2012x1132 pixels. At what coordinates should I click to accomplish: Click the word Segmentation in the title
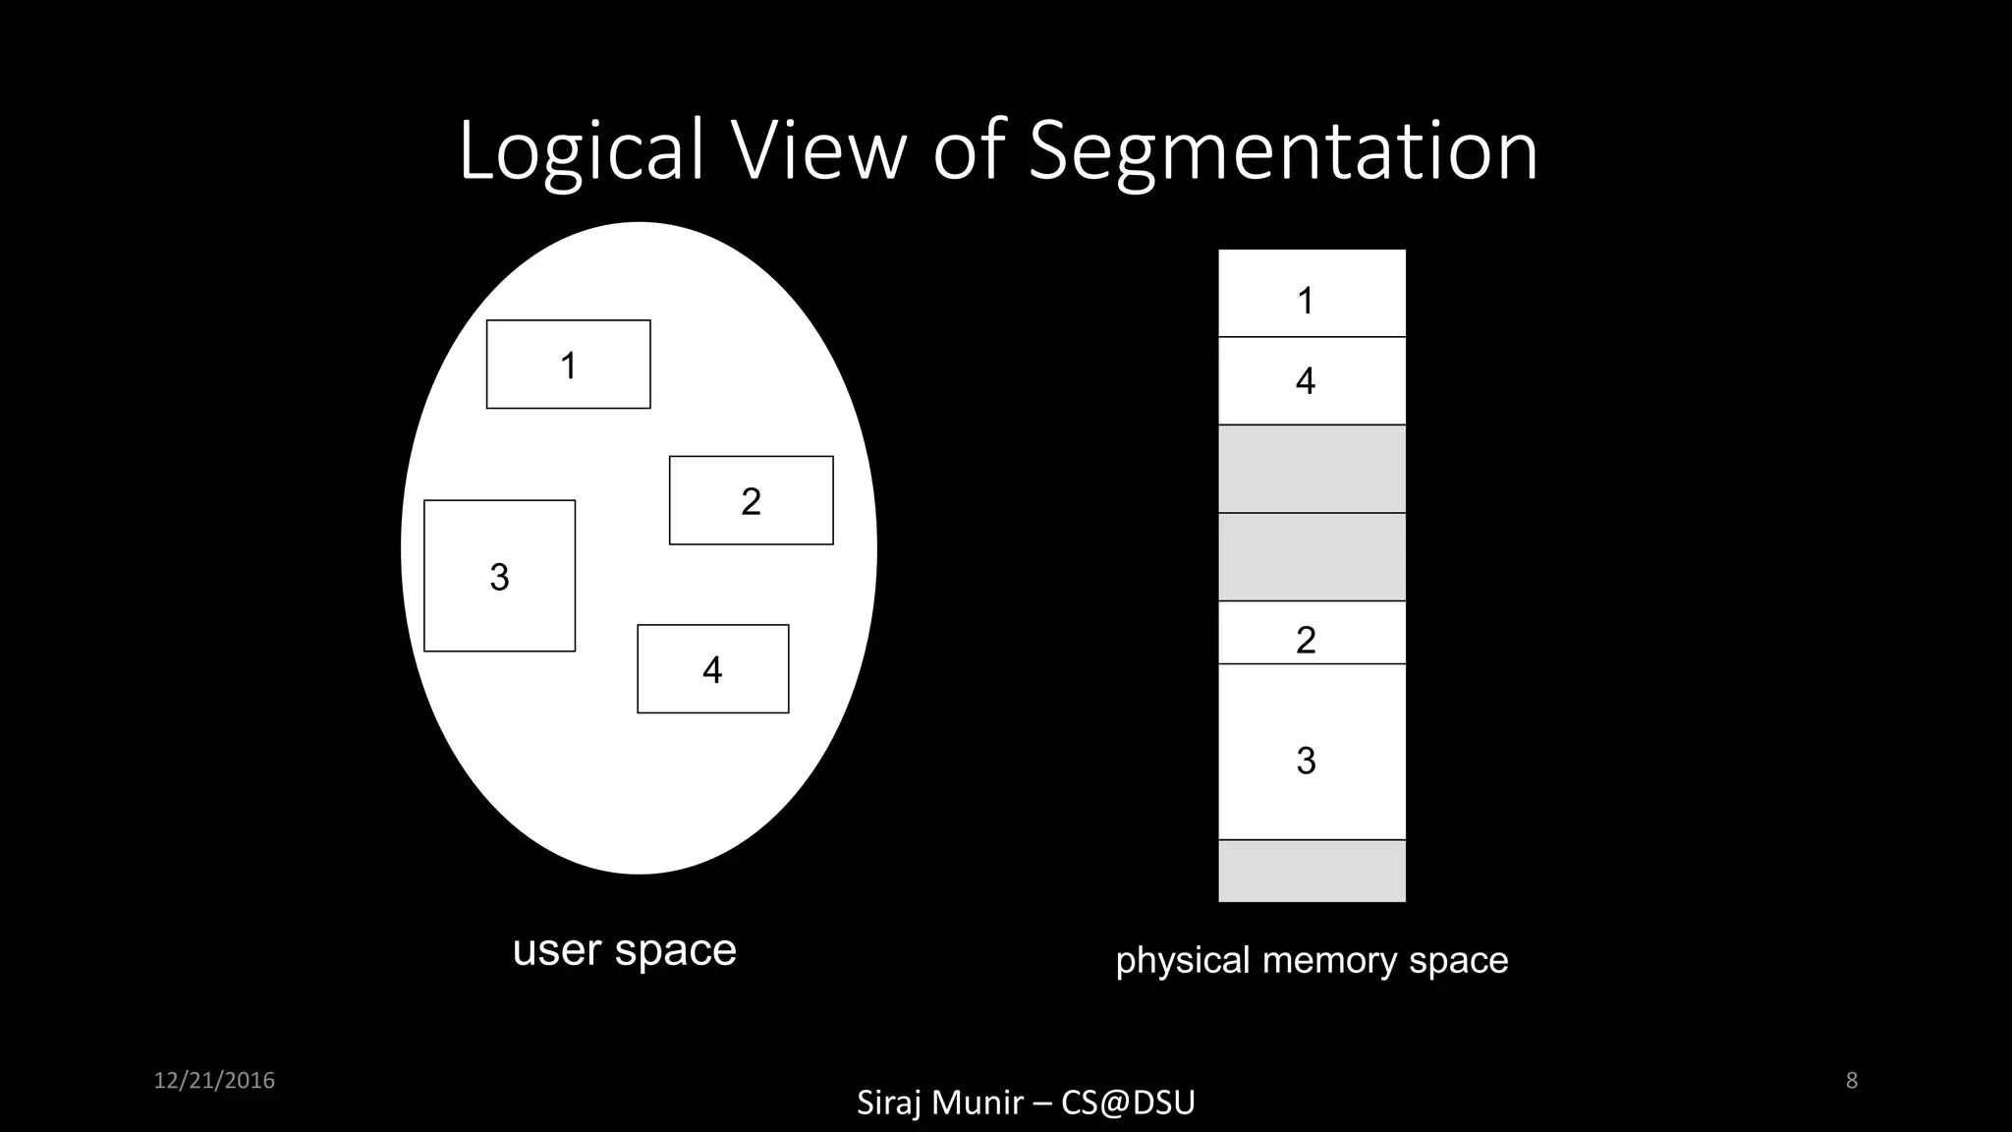click(1282, 152)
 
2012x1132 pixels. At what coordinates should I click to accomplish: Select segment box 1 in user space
click(568, 365)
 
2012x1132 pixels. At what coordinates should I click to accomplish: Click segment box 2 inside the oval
click(751, 500)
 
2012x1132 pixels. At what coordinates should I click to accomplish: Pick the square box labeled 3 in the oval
click(499, 576)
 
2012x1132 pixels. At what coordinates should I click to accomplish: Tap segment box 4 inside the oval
click(712, 669)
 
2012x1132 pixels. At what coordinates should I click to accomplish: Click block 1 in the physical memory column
click(1312, 294)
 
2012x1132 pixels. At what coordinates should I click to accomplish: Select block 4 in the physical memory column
click(1312, 381)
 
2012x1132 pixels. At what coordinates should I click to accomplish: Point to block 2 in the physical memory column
click(1312, 633)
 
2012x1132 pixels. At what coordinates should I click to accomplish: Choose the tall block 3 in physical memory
click(1312, 752)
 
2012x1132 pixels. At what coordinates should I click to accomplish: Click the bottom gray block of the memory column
click(1312, 871)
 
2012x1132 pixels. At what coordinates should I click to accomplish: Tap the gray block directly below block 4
click(1312, 469)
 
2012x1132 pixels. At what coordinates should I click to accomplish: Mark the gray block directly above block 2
click(1312, 556)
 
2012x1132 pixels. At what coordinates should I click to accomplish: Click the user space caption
click(624, 950)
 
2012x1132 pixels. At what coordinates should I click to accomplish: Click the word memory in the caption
click(1330, 960)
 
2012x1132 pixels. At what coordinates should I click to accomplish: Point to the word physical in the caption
click(1183, 960)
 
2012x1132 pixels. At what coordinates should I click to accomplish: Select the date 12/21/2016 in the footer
click(214, 1081)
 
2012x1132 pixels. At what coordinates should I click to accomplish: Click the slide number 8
click(1851, 1081)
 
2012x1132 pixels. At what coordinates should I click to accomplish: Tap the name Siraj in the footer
click(890, 1103)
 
